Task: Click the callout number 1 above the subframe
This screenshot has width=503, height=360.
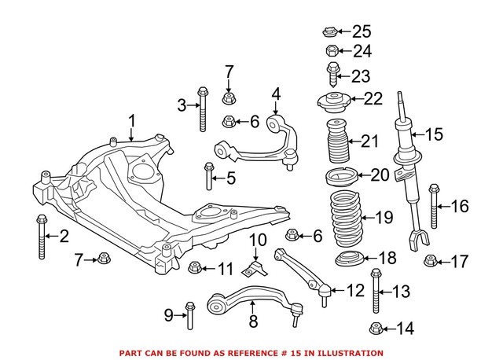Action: coord(132,121)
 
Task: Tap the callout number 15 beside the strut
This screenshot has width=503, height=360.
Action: coord(435,134)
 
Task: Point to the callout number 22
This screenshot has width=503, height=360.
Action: coord(373,99)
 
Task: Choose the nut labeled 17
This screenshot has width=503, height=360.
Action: coord(431,261)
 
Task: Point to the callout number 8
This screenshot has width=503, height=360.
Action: coord(253,321)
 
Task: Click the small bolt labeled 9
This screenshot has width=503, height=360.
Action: coord(189,315)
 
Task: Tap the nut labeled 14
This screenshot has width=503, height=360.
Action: coord(376,329)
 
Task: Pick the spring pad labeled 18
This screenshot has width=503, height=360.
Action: coord(346,260)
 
